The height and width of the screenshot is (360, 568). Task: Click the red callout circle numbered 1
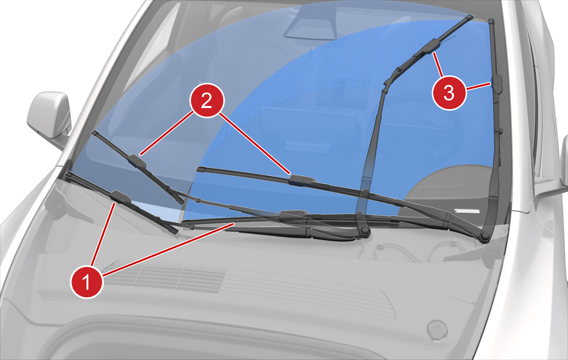[x=87, y=282]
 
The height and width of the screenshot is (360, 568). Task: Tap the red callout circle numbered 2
[x=207, y=101]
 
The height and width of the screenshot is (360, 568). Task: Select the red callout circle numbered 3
[x=449, y=93]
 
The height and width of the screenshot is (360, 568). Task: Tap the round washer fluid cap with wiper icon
[x=437, y=330]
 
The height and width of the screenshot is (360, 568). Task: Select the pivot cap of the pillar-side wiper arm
[x=485, y=236]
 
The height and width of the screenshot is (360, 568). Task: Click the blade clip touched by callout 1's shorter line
[x=121, y=197]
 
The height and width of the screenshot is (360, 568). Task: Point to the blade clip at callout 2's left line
[x=137, y=161]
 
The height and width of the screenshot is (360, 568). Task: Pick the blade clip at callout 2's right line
[x=303, y=180]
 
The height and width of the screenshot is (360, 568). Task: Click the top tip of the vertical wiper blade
[x=491, y=20]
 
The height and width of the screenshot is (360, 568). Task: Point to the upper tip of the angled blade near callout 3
[x=470, y=17]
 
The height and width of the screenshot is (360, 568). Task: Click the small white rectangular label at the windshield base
[x=467, y=211]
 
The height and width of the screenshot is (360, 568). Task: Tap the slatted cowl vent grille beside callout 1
[x=165, y=278]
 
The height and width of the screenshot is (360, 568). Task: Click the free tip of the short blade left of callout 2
[x=93, y=132]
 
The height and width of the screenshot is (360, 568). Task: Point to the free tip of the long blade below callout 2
[x=200, y=169]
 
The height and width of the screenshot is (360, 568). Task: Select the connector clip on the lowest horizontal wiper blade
[x=294, y=215]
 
